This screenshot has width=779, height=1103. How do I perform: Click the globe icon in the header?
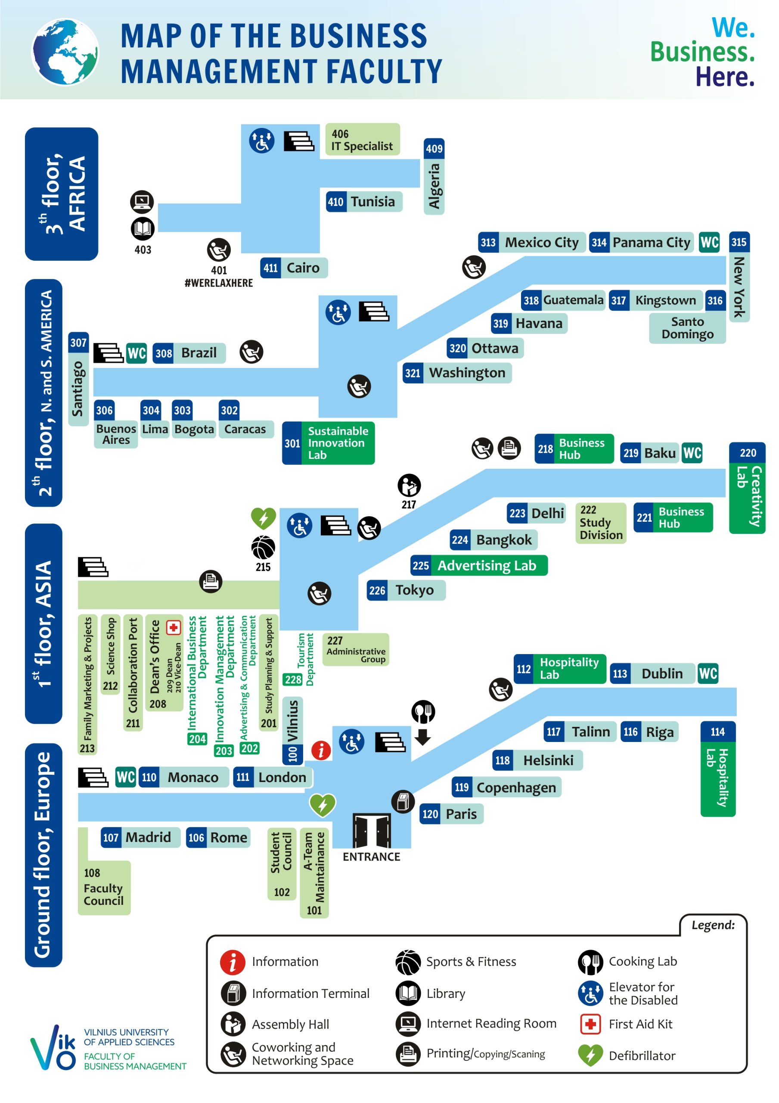65,52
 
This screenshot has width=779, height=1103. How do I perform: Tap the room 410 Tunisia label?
363,202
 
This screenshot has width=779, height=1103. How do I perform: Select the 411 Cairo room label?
294,268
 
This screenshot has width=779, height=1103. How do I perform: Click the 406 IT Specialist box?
362,140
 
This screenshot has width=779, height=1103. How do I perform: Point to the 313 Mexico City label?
531,243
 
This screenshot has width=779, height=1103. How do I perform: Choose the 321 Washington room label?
457,373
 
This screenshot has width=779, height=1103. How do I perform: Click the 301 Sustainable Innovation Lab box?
328,443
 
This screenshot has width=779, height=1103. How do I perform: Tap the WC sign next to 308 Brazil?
137,354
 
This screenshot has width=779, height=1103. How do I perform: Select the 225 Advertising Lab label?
478,566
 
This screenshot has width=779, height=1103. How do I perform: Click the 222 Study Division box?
600,523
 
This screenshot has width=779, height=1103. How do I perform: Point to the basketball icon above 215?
263,548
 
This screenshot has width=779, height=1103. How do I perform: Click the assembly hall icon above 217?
409,486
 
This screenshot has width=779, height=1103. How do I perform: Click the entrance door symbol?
371,831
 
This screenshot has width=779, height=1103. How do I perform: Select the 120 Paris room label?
451,814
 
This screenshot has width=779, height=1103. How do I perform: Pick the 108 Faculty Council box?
104,887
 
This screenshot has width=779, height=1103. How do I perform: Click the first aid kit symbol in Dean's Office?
174,627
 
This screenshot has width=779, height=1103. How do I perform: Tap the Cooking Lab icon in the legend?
590,962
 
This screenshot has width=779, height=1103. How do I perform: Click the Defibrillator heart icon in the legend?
590,1056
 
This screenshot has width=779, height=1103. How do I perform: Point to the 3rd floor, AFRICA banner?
62,194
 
